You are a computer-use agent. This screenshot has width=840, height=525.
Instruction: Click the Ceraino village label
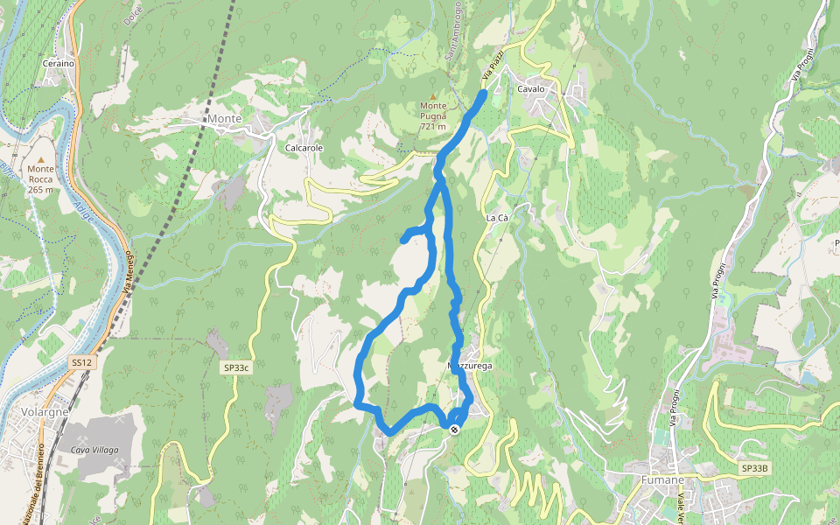(x=59, y=63)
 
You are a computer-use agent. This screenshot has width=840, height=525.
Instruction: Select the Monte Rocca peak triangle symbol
(x=40, y=158)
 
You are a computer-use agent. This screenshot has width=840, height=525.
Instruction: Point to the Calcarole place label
(x=304, y=148)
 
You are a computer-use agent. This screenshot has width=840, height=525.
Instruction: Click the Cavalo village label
(x=531, y=89)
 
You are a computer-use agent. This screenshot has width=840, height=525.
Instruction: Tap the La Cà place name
(x=497, y=217)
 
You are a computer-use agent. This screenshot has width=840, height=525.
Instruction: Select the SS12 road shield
(x=80, y=362)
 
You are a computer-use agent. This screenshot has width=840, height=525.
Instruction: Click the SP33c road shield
(x=236, y=368)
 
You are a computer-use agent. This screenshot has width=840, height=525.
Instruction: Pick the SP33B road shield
(x=754, y=469)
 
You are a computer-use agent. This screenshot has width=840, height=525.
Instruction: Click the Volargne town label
(x=45, y=412)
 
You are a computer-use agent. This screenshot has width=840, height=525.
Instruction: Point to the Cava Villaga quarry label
(x=94, y=450)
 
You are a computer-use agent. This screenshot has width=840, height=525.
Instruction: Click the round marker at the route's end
(x=454, y=429)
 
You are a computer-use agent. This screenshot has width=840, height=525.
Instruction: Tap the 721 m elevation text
(x=432, y=127)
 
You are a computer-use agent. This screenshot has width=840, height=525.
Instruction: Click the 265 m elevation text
(x=40, y=189)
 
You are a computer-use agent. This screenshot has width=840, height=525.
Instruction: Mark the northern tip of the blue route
(x=484, y=92)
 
